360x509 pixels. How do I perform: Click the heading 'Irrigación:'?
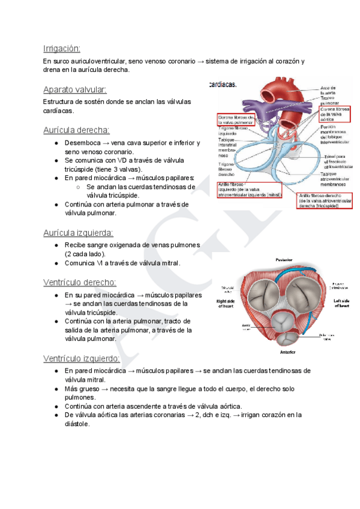click(x=62, y=49)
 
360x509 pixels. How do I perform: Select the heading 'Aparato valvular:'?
click(x=75, y=89)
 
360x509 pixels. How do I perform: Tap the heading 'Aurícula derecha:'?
click(x=76, y=130)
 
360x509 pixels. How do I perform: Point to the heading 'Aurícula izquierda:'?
click(x=78, y=232)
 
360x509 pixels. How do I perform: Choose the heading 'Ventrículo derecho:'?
click(x=80, y=282)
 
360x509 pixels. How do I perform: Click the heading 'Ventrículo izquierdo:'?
click(x=82, y=358)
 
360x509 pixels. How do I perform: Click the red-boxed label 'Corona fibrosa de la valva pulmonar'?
click(x=236, y=118)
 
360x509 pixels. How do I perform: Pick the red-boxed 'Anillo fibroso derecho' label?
click(x=325, y=200)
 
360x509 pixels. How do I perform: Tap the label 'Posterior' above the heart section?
click(x=284, y=261)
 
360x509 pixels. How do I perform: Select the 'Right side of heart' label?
click(x=225, y=303)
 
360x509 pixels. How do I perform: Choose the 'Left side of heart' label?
click(x=341, y=303)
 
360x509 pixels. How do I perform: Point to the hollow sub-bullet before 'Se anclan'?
click(x=79, y=187)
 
